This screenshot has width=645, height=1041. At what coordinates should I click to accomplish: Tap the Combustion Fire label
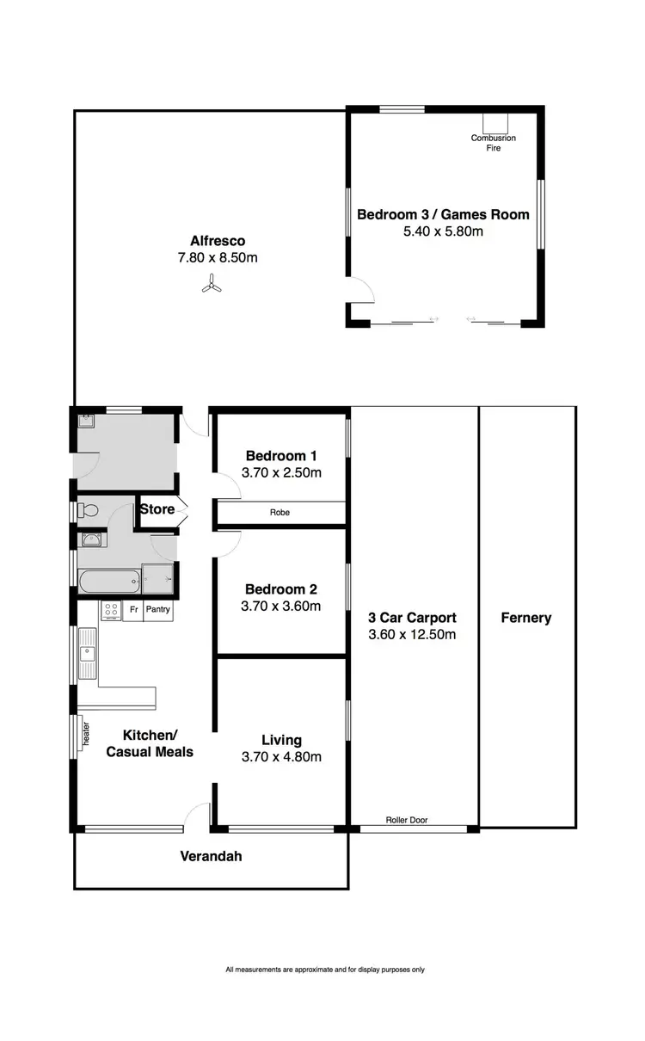tap(493, 143)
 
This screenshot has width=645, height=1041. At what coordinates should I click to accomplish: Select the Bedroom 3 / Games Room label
tap(443, 214)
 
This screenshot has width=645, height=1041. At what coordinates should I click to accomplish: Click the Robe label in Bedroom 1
tap(279, 512)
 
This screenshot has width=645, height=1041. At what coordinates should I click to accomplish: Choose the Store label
tap(157, 509)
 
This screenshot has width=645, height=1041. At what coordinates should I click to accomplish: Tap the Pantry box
tap(158, 610)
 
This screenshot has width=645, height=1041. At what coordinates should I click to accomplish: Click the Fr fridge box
tap(132, 610)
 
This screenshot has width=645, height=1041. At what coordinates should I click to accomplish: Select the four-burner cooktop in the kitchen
tap(111, 611)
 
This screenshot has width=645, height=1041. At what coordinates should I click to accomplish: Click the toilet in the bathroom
tap(89, 511)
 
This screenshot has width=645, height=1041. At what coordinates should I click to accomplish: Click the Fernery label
tap(525, 618)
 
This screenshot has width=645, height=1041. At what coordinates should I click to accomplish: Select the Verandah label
tap(211, 856)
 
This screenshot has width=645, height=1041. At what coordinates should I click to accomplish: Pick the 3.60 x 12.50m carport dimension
tap(412, 635)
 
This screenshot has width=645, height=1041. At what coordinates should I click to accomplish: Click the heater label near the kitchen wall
tap(86, 733)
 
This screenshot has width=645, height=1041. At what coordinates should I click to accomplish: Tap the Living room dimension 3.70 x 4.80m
tap(281, 757)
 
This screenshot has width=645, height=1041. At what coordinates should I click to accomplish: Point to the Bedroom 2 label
tap(281, 589)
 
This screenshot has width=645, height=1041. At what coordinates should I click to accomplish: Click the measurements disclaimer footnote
tap(324, 970)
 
